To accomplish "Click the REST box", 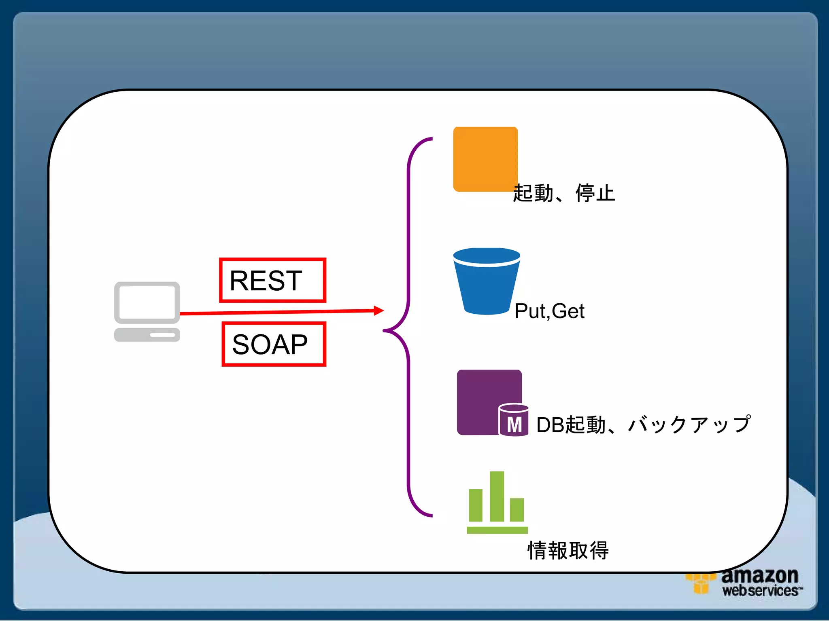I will tap(272, 280).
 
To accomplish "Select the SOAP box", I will tap(274, 344).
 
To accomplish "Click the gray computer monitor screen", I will tap(147, 302).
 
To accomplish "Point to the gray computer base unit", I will tap(147, 335).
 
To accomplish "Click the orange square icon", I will tap(485, 159).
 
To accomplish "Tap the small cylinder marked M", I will tap(513, 420).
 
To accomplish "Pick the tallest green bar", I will tap(497, 496).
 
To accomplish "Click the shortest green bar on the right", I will tap(517, 509).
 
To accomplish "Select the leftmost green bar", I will tap(476, 505).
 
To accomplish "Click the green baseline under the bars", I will tap(497, 530).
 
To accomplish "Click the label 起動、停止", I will tap(564, 193).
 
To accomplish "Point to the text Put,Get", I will tap(549, 311).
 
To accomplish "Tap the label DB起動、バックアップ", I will tap(643, 425).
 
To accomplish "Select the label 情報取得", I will tap(568, 550).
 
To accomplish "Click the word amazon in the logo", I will tap(759, 576).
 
